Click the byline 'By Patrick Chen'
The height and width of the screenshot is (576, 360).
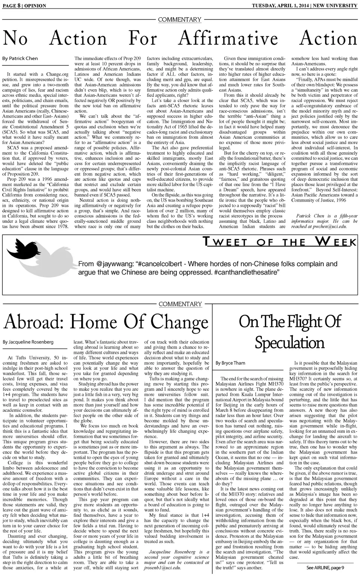point(20,58)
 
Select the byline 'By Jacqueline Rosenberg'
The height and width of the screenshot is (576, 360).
point(28,342)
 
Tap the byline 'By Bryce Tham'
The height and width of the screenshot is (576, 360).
point(230,363)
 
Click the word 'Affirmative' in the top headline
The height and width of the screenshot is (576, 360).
point(228,39)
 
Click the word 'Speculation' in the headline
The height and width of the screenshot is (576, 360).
point(289,343)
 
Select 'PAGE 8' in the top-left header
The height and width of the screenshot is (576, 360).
point(11,6)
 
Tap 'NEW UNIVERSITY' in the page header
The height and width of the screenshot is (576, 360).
point(335,6)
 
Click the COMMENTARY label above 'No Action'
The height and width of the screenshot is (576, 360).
point(180,19)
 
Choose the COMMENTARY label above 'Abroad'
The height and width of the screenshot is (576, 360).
point(180,304)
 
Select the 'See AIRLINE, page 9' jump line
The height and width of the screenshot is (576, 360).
point(325,567)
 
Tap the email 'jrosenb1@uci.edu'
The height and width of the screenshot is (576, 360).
point(162,567)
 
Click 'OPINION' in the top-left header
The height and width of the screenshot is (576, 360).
point(35,6)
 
